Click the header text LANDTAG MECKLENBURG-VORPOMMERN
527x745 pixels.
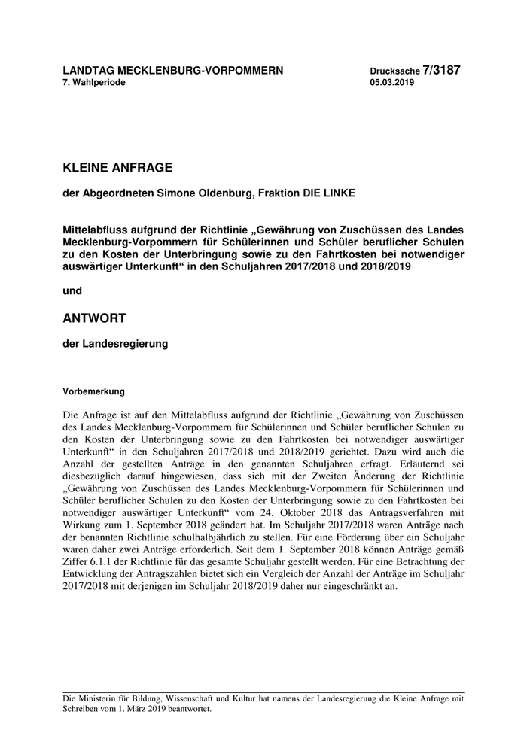pos(172,71)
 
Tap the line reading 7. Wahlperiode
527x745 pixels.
pos(94,82)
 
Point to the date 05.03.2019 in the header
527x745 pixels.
pos(391,82)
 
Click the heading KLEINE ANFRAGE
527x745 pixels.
pos(117,167)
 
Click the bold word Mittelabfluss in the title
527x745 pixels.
pos(96,229)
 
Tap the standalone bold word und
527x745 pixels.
pos(72,290)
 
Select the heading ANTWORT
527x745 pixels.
pos(94,318)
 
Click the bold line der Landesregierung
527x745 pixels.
pos(115,345)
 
